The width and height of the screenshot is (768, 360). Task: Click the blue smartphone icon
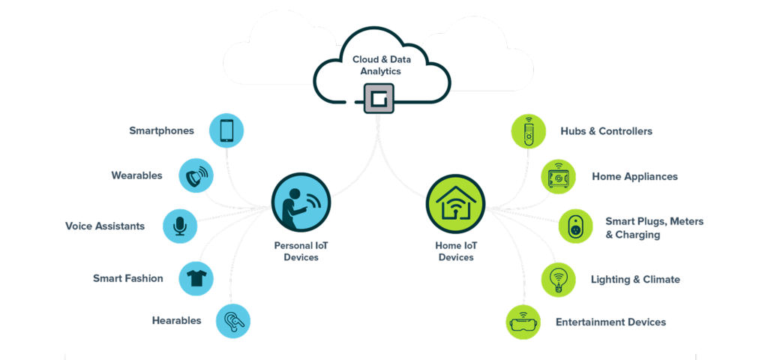point(226,130)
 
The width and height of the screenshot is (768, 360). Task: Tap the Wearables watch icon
point(196,176)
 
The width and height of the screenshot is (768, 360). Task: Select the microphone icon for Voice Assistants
point(180,226)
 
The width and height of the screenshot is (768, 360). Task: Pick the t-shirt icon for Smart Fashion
point(196,278)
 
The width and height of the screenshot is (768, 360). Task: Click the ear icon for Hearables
point(232,321)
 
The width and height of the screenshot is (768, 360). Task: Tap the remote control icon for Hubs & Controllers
point(528,130)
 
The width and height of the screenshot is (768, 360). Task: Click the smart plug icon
point(575,227)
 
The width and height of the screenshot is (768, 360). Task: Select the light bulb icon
point(559,279)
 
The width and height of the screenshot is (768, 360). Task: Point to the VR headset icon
point(523,322)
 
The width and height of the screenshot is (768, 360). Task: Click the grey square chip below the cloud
point(378,98)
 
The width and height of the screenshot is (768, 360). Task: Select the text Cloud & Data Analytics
point(377,64)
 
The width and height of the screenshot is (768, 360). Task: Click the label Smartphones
point(161,130)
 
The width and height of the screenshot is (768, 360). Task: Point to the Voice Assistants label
point(105,226)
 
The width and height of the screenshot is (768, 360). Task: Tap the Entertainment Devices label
point(610,322)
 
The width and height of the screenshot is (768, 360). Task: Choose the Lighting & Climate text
point(635,280)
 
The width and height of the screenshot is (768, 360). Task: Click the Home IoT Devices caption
point(456,251)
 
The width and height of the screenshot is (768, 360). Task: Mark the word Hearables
point(176,321)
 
